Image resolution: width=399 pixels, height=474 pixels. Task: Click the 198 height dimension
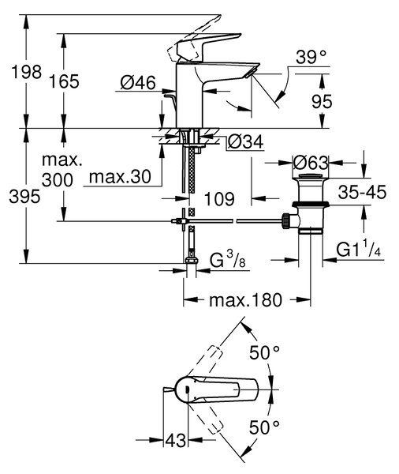[x=26, y=73]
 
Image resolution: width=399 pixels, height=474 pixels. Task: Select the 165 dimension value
[x=64, y=81]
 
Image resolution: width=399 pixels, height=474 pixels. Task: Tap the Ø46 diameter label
[x=138, y=82]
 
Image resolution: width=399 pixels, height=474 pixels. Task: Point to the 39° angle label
[x=311, y=57]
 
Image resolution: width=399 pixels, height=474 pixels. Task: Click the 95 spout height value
[x=322, y=102]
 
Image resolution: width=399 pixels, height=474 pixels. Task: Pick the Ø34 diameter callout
[x=245, y=141]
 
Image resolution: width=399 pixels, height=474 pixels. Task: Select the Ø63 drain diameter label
[x=311, y=164]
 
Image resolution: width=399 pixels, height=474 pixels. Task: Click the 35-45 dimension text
[x=362, y=192]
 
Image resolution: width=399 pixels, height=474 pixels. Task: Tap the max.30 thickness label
[x=120, y=176]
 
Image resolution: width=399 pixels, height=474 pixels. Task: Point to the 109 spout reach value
[x=219, y=199]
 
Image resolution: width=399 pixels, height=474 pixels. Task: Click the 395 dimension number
[x=24, y=197]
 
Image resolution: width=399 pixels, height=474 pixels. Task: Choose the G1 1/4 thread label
[x=359, y=250]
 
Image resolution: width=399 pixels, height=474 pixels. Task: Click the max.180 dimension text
[x=246, y=300]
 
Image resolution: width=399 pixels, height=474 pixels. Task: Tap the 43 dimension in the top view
[x=176, y=440]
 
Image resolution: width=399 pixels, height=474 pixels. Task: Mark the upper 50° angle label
[x=264, y=352]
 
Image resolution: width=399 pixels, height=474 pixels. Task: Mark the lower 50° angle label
[x=264, y=427]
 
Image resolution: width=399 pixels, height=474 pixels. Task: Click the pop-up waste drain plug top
[x=311, y=176]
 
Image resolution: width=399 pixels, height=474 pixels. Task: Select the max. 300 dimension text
[x=62, y=170]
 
